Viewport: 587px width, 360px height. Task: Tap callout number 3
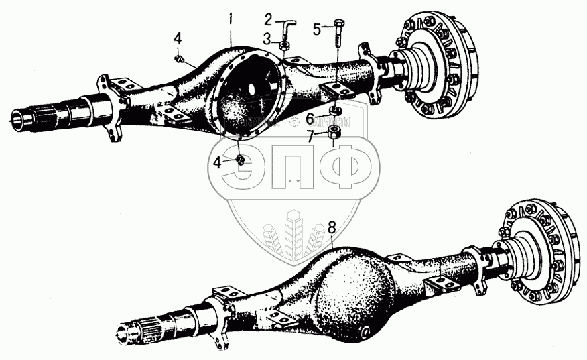tap(266, 39)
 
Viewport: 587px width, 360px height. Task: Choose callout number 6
tap(310, 119)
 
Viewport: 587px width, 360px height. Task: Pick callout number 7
tap(310, 136)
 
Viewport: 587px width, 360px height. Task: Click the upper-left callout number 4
tap(178, 38)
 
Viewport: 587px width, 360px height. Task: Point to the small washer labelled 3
tap(284, 46)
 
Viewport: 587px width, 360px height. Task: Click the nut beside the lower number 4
tap(239, 160)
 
